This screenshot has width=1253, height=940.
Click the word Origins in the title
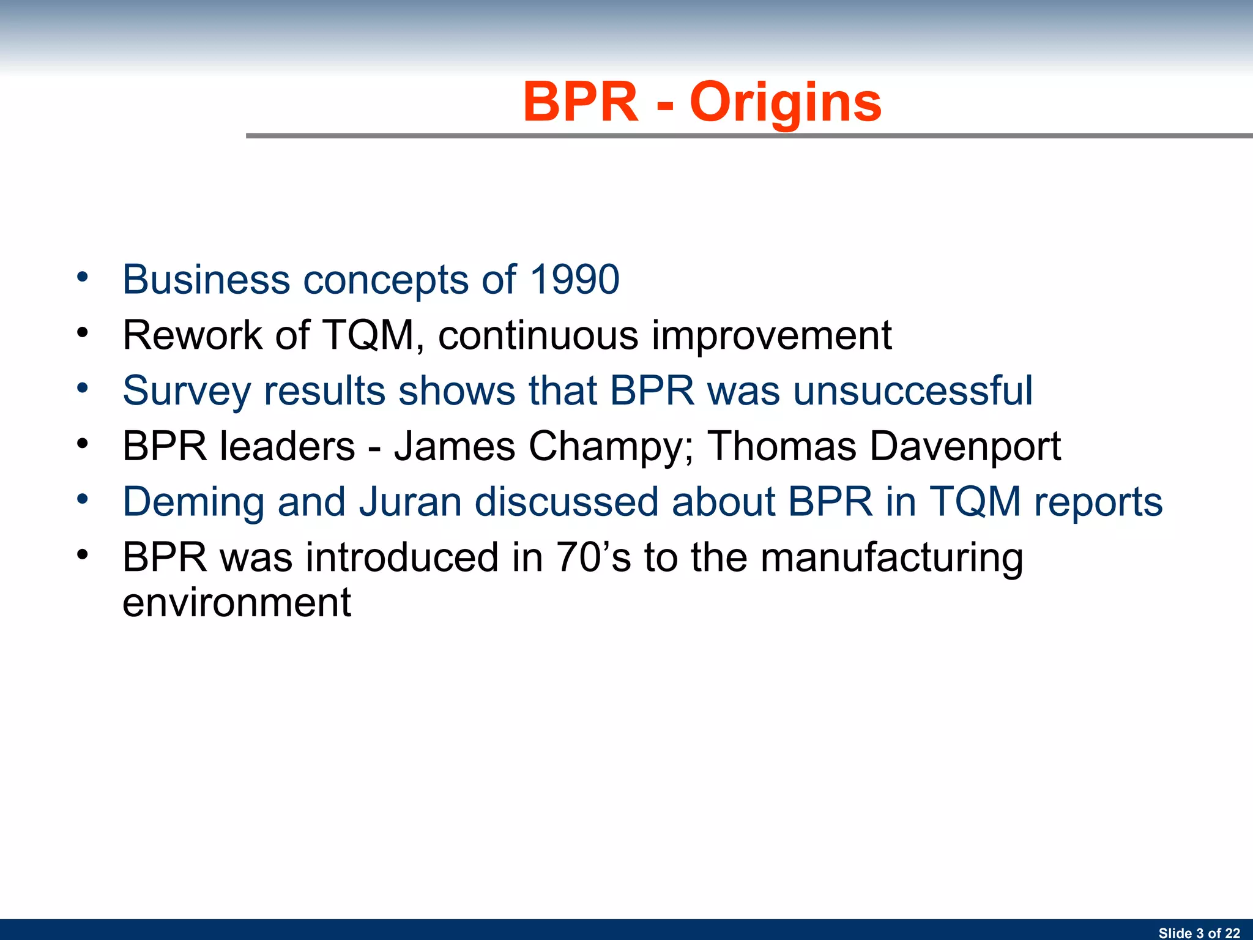(786, 102)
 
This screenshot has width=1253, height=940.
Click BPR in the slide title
(580, 102)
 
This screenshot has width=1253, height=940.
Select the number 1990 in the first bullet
(574, 279)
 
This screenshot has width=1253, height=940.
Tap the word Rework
(193, 335)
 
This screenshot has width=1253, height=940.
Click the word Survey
(186, 392)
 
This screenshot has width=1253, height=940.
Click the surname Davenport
(965, 447)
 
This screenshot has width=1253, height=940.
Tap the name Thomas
(782, 446)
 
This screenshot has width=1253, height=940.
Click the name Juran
(410, 501)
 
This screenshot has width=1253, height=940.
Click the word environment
(237, 603)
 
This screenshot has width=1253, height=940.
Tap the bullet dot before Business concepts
(83, 277)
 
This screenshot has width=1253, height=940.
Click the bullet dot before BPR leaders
(83, 444)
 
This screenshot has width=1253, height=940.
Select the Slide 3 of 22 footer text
(1199, 933)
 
